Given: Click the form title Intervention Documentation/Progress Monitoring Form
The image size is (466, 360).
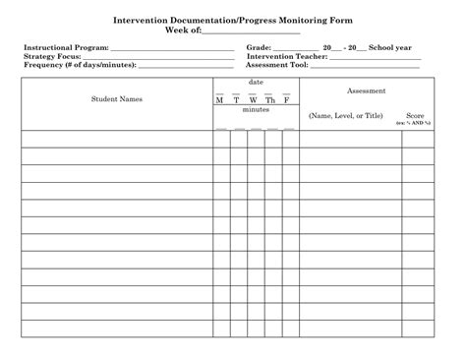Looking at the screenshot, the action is point(232,20).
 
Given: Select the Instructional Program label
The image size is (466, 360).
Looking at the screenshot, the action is point(66,47).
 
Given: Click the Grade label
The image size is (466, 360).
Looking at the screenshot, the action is point(259,47).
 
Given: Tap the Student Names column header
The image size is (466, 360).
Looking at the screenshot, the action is point(117,99).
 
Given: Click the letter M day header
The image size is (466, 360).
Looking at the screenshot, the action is point(220,100).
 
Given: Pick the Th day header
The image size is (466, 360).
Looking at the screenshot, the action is point(270,100).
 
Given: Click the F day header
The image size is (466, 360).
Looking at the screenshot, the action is point(286,100).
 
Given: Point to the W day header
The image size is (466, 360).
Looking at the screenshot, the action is point(253,100).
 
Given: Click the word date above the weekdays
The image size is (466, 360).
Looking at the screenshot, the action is point(256,82).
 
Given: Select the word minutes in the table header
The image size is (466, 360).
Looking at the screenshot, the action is point(256,110).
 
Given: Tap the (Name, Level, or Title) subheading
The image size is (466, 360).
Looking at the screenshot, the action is point(345,115).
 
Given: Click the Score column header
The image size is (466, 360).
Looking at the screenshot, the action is point(415,115).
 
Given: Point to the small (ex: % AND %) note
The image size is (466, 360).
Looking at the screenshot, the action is point(415,123).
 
